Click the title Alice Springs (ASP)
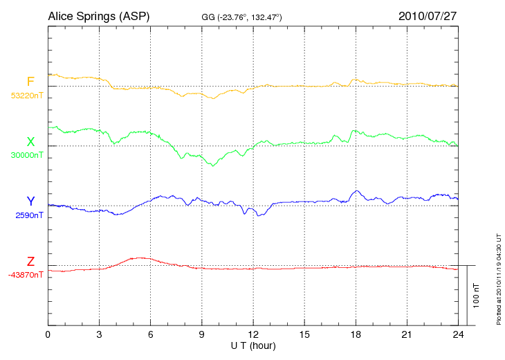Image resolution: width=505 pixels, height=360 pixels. (98, 15)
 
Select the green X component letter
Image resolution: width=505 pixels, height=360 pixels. (30, 142)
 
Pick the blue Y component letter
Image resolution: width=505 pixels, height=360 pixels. (30, 201)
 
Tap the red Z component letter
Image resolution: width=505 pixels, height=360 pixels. (30, 262)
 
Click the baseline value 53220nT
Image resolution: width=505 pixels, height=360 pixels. (26, 96)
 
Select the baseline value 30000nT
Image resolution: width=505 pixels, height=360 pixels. (26, 155)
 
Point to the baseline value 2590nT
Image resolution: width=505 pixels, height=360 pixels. (30, 215)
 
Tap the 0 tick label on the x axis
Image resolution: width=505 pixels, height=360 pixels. (48, 334)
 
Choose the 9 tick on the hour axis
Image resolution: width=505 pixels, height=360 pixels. (202, 334)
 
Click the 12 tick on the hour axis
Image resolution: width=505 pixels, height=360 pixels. (253, 334)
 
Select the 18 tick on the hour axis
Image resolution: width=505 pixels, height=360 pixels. (356, 334)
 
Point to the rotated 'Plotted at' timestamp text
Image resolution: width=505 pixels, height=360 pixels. (499, 276)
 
